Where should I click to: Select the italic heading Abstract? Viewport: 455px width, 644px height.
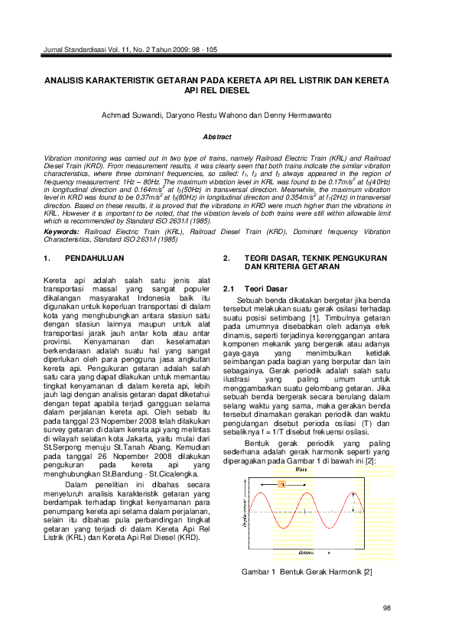tap(216, 136)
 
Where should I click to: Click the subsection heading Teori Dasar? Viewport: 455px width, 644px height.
tap(265, 289)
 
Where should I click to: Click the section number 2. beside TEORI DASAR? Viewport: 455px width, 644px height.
tap(226, 260)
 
